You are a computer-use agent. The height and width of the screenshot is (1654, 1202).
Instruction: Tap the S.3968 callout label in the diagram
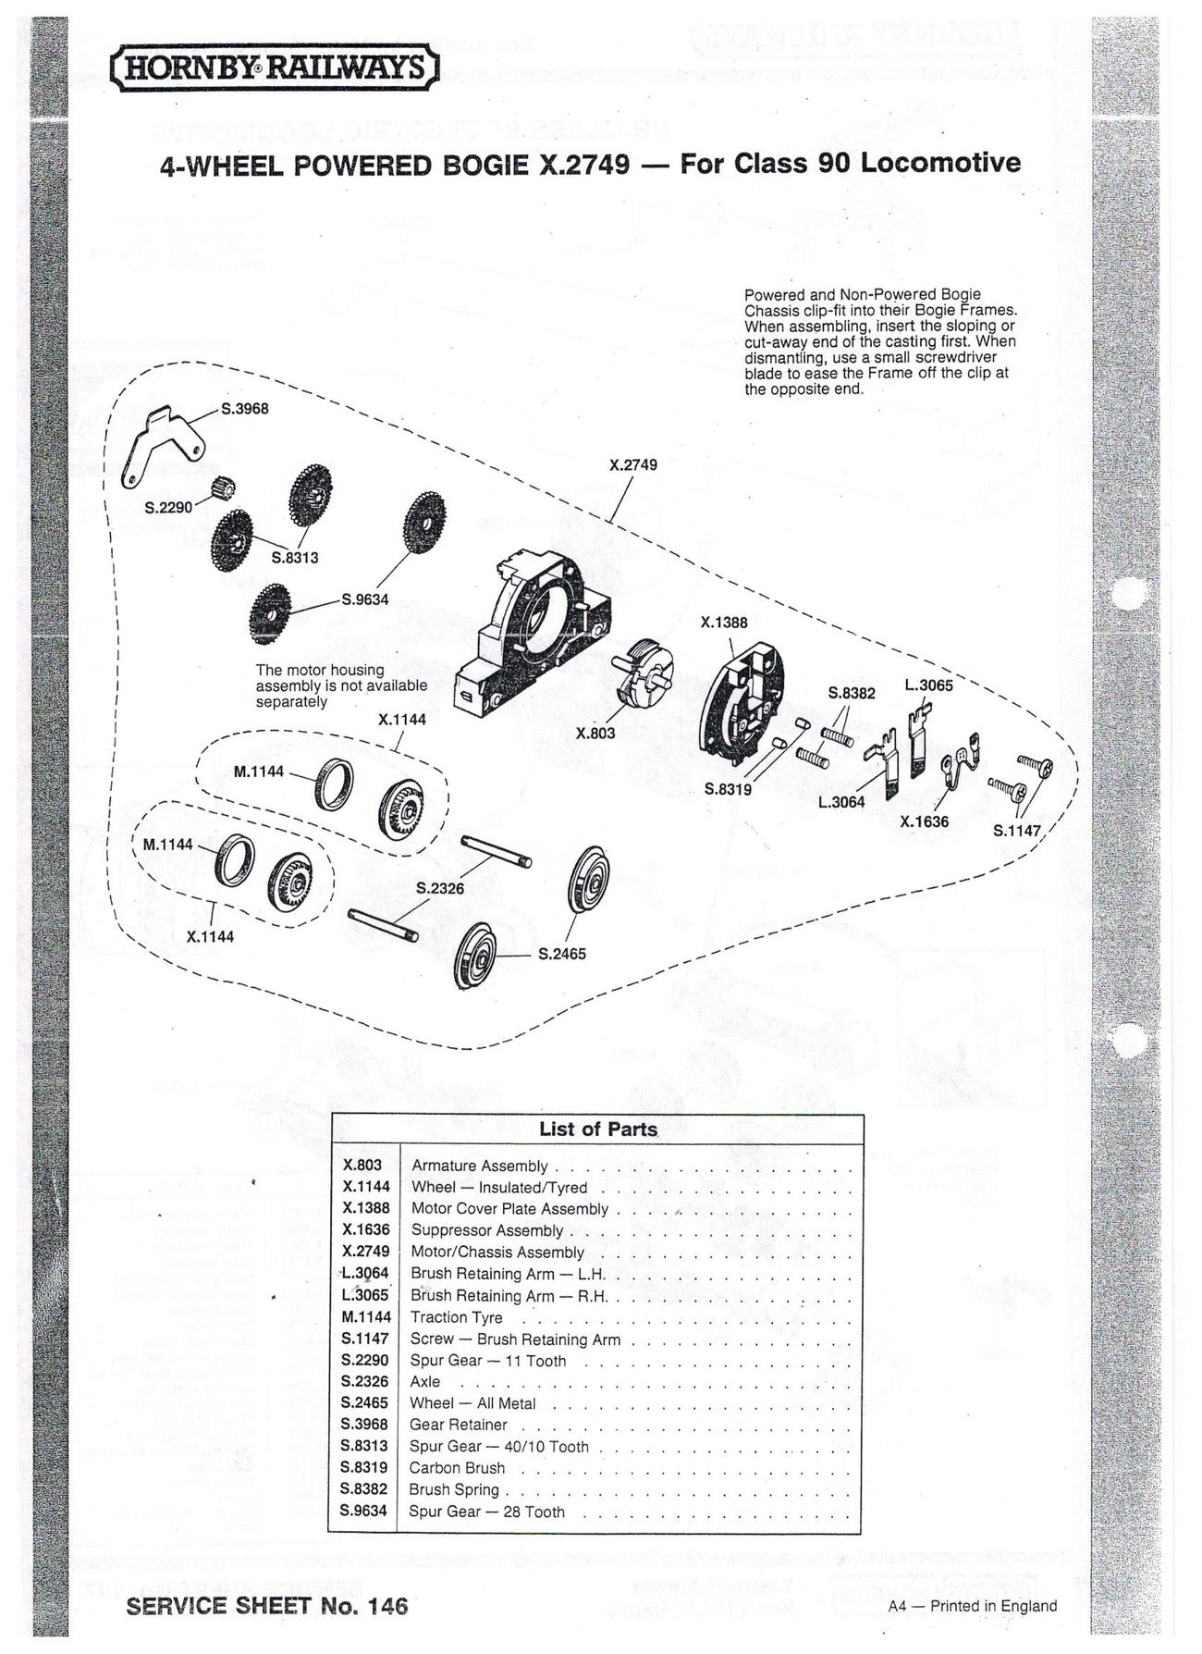pyautogui.click(x=244, y=409)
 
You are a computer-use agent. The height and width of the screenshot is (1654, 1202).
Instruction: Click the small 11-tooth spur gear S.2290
pyautogui.click(x=225, y=485)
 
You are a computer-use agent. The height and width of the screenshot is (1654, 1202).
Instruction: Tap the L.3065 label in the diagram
pyautogui.click(x=928, y=685)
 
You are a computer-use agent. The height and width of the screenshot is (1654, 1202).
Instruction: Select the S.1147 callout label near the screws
pyautogui.click(x=1017, y=831)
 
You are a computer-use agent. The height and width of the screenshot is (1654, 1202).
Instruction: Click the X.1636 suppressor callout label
pyautogui.click(x=925, y=821)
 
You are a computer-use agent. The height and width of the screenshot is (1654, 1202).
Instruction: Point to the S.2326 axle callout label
pyautogui.click(x=440, y=888)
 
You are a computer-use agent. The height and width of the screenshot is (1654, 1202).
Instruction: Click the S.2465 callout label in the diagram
pyautogui.click(x=562, y=954)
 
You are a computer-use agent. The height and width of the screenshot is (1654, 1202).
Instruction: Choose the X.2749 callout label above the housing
pyautogui.click(x=633, y=464)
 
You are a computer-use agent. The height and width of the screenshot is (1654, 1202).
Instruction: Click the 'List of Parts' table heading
pyautogui.click(x=598, y=1129)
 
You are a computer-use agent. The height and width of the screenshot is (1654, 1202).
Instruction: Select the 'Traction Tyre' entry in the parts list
pyautogui.click(x=457, y=1317)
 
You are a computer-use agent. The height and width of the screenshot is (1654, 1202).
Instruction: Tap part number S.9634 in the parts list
pyautogui.click(x=364, y=1511)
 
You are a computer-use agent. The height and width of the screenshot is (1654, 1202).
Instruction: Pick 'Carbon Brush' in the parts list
pyautogui.click(x=457, y=1468)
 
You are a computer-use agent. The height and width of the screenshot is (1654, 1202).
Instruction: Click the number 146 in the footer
pyautogui.click(x=386, y=1607)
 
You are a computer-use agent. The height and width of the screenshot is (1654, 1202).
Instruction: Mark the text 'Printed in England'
pyautogui.click(x=994, y=1606)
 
